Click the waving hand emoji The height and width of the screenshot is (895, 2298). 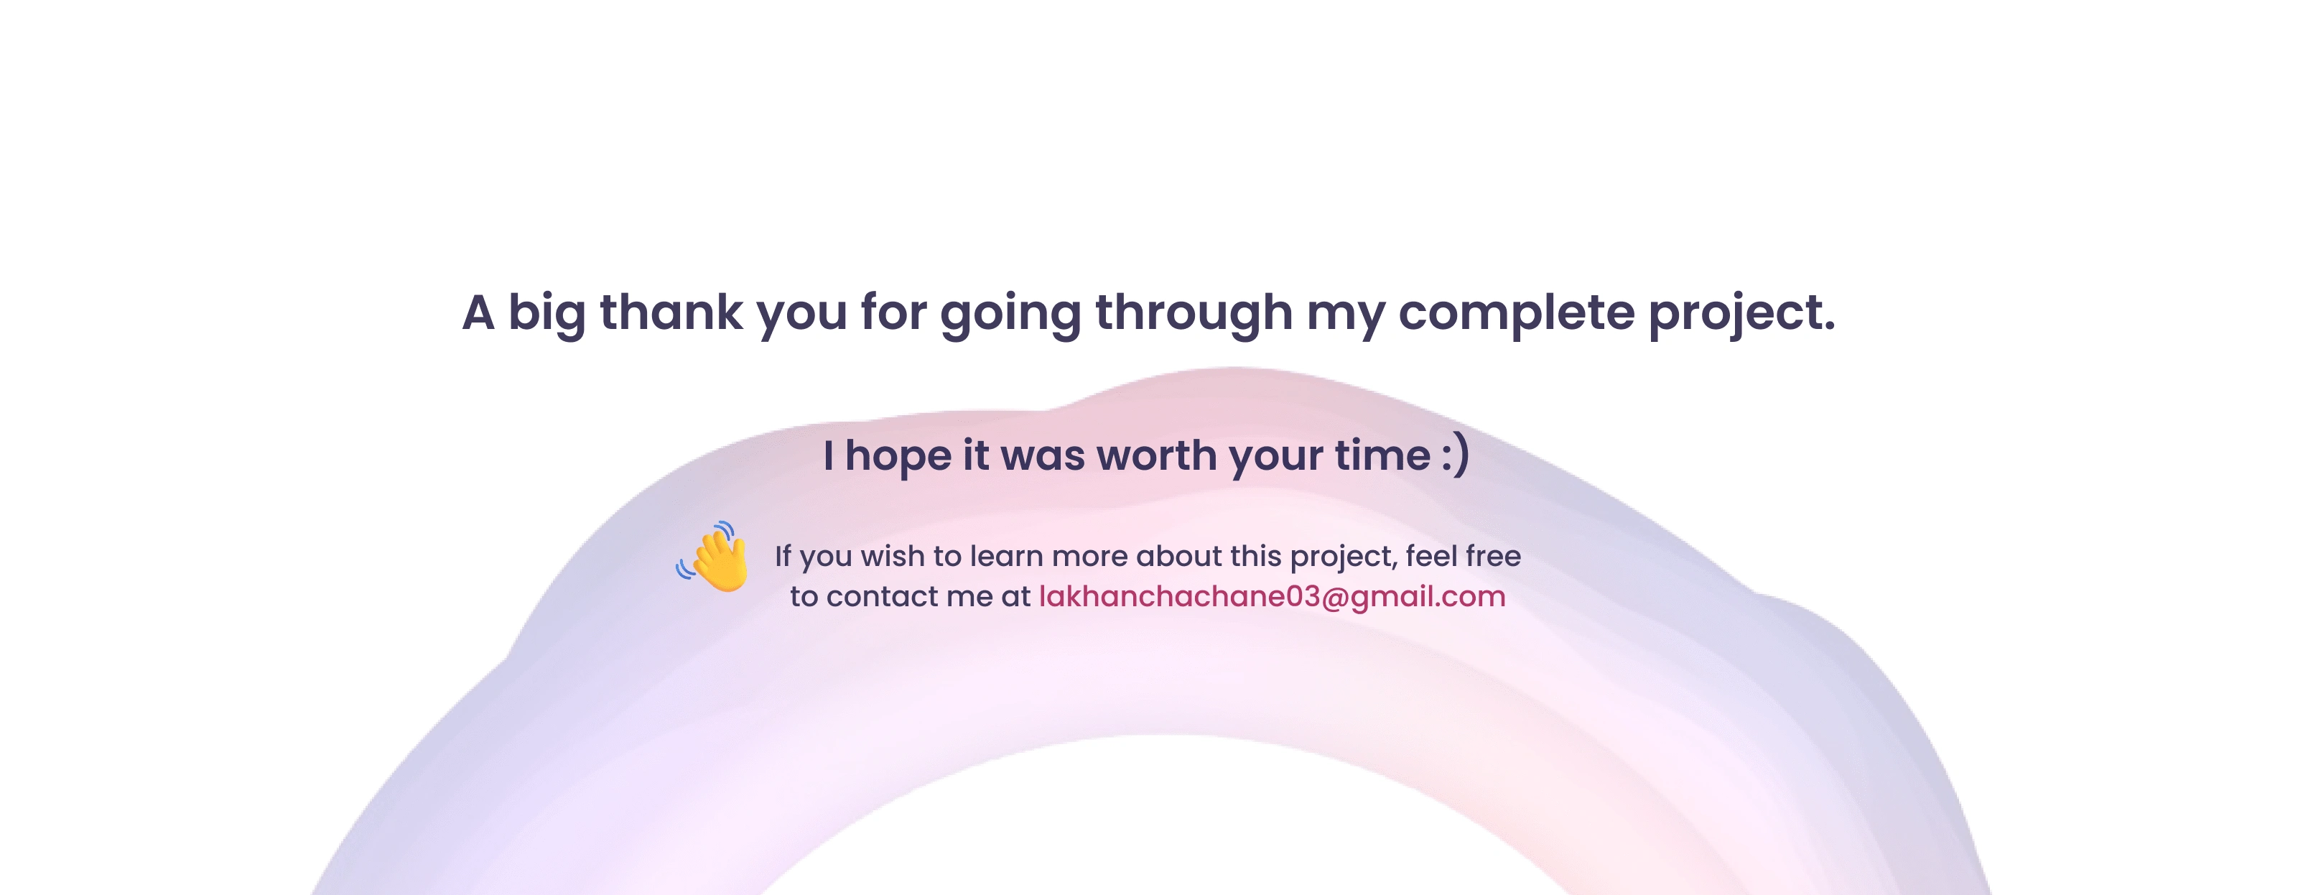tap(712, 557)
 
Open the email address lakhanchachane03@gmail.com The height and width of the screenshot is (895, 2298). tap(1272, 596)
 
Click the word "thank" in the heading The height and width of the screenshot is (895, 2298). tap(671, 312)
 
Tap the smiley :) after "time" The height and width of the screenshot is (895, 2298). tap(1455, 455)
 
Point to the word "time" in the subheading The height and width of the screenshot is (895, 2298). tap(1382, 455)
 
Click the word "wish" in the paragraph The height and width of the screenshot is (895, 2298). tap(891, 556)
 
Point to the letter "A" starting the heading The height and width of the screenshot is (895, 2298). tap(478, 312)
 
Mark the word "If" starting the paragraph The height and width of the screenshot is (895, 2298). tap(782, 556)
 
